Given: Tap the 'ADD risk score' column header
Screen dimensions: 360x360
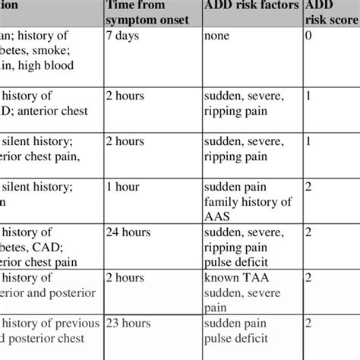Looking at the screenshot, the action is (x=321, y=12).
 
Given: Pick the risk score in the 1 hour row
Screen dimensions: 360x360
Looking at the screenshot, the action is (x=308, y=186).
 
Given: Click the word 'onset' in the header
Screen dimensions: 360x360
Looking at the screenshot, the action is (x=183, y=20).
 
